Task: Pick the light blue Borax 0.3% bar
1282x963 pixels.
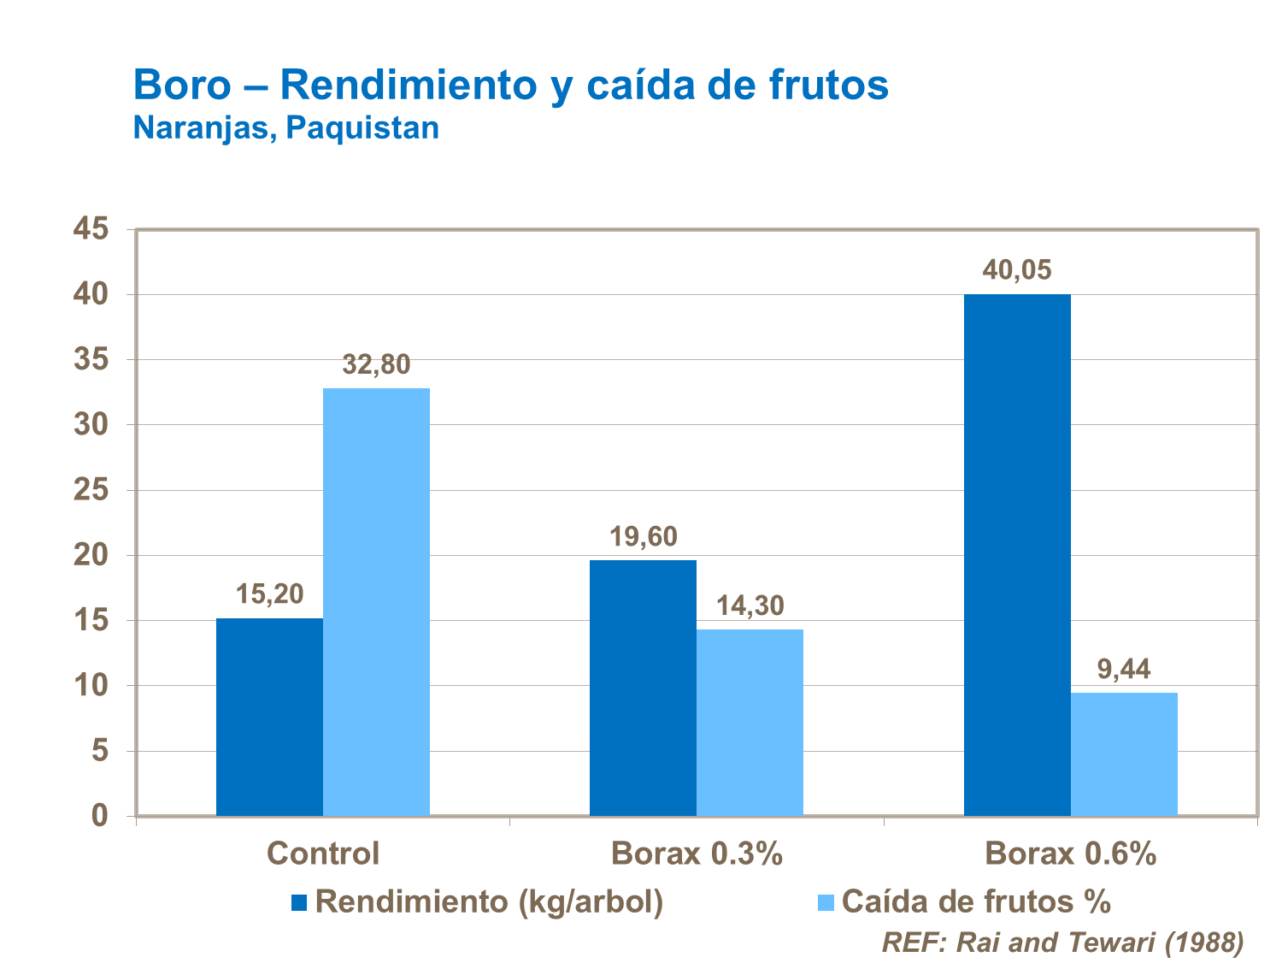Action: [750, 722]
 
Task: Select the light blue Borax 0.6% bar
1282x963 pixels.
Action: [1124, 753]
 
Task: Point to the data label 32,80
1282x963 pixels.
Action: [376, 365]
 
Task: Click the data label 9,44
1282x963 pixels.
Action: [1124, 669]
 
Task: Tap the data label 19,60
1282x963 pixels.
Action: [643, 537]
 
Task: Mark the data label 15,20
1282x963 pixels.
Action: [269, 594]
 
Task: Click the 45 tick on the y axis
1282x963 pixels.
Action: [91, 228]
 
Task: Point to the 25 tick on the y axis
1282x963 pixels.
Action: [91, 490]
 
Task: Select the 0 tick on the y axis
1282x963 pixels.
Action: [100, 816]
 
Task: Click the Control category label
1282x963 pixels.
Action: [322, 854]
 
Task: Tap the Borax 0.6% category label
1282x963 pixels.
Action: [1070, 854]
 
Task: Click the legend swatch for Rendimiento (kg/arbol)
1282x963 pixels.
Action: [299, 902]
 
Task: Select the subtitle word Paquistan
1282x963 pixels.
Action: [362, 128]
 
